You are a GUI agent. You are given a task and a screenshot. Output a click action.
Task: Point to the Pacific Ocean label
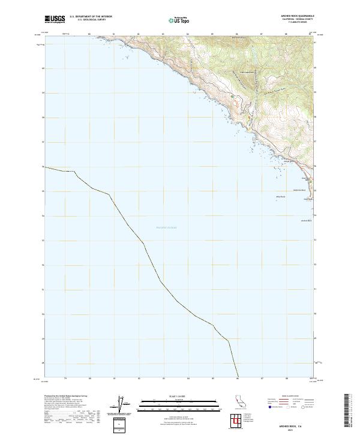point(166,227)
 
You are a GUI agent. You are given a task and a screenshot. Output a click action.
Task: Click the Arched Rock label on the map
point(307,220)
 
